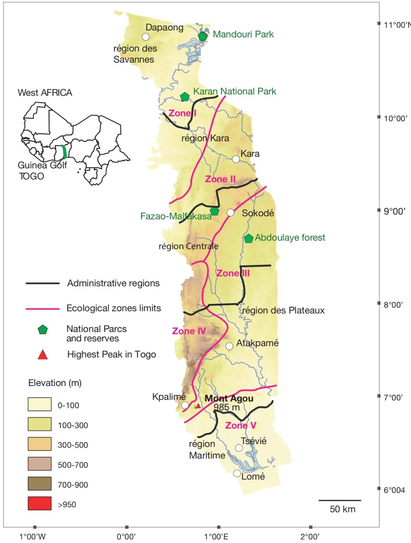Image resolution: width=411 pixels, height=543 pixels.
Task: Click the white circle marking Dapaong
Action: point(145,37)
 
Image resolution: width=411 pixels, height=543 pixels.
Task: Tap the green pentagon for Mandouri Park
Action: point(202,36)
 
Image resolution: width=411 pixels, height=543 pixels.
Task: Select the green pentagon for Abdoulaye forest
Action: point(249,238)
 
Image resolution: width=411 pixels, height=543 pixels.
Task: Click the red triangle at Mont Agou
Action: point(198,406)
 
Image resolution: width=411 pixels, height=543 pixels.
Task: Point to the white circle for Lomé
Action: point(237,473)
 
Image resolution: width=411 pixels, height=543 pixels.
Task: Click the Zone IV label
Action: point(189,331)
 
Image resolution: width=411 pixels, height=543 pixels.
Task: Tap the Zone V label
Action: point(241,425)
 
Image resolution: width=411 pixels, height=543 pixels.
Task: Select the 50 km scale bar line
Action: point(340,500)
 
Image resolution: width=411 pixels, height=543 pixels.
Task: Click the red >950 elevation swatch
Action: point(40,503)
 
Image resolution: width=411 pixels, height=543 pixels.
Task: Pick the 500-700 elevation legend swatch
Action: point(40,464)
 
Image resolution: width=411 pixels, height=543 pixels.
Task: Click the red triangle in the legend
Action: point(43,355)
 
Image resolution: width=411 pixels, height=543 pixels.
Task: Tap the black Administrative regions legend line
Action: point(42,284)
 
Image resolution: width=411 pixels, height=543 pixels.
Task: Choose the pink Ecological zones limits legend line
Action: point(42,309)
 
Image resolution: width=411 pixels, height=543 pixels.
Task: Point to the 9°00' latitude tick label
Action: point(394,211)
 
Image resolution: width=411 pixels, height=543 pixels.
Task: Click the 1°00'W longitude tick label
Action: point(33,537)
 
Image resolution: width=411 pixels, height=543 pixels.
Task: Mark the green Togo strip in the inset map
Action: point(64,151)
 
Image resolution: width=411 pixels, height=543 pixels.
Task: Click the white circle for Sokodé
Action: point(230,212)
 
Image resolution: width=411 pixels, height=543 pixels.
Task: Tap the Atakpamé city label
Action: point(257,343)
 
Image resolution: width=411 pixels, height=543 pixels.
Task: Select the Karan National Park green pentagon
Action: point(184,97)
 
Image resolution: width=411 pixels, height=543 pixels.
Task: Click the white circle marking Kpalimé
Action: point(185,405)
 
